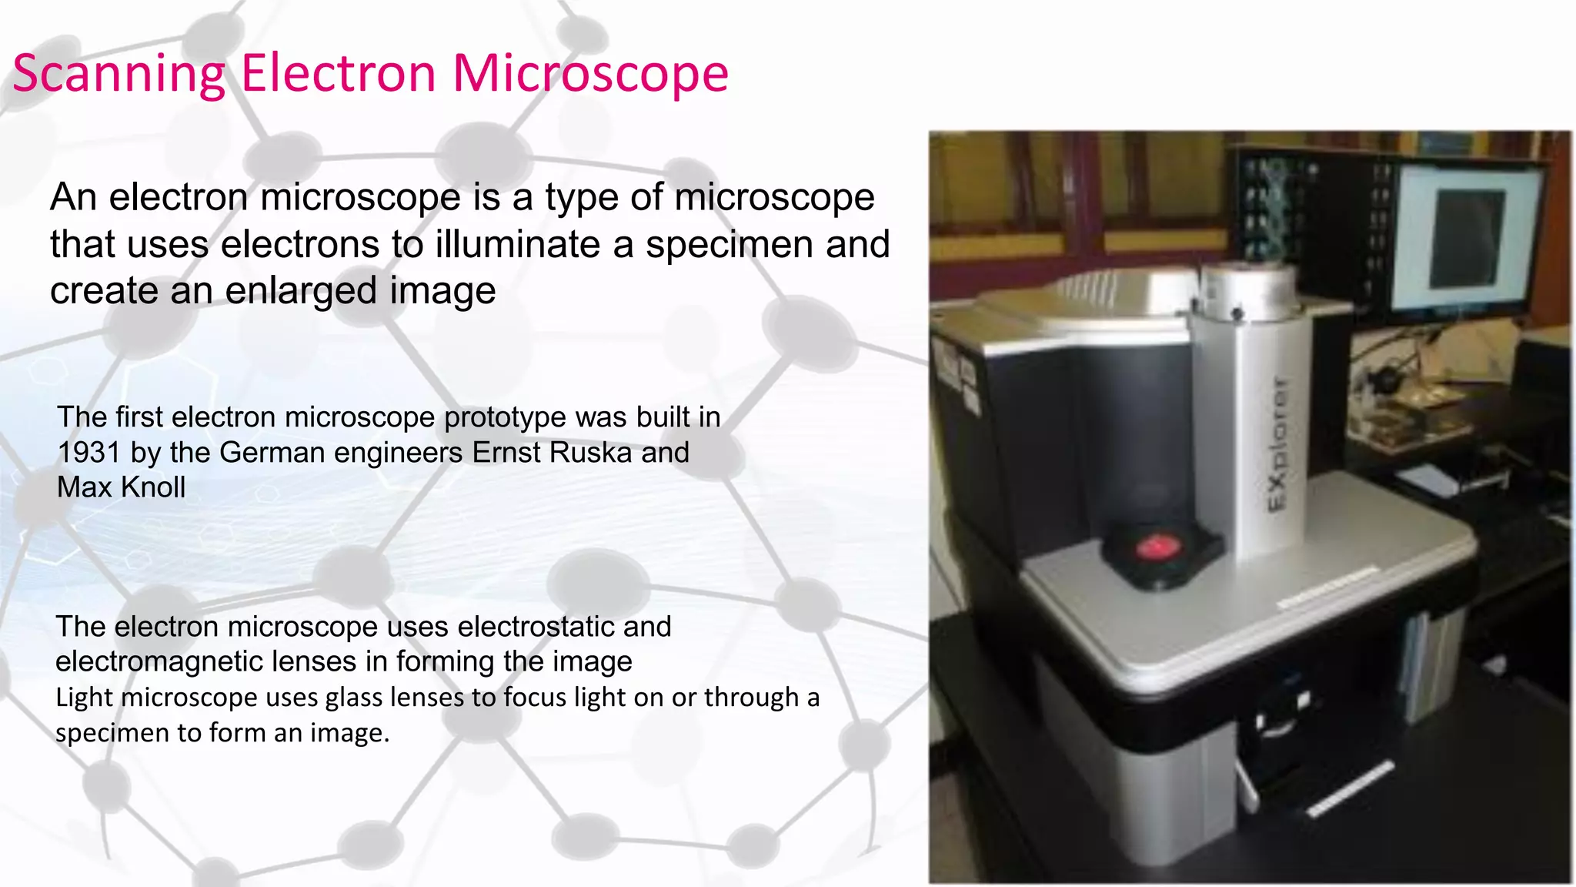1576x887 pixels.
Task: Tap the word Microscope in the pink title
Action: [590, 75]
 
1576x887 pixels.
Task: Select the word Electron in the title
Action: [339, 75]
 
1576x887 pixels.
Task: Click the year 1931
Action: [88, 453]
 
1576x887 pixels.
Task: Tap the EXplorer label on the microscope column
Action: [1276, 443]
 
